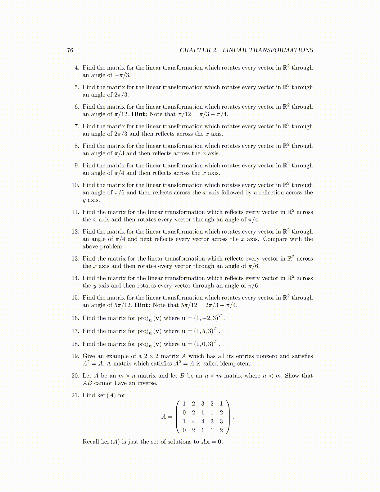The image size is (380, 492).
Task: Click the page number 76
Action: [x=70, y=50]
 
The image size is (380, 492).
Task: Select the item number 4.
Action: [x=77, y=68]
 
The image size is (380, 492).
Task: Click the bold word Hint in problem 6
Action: [x=139, y=114]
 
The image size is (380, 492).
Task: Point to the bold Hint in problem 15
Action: [x=142, y=305]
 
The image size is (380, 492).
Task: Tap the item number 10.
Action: [x=75, y=185]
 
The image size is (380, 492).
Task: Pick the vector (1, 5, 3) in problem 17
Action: [x=204, y=331]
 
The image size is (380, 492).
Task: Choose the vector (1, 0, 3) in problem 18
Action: [x=204, y=344]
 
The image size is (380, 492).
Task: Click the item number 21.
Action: [x=75, y=395]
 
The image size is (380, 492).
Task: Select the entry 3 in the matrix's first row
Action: [x=203, y=404]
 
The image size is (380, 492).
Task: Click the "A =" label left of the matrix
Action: [x=167, y=417]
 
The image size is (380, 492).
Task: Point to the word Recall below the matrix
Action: [x=91, y=442]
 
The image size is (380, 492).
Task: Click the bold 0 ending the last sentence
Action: [x=219, y=442]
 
